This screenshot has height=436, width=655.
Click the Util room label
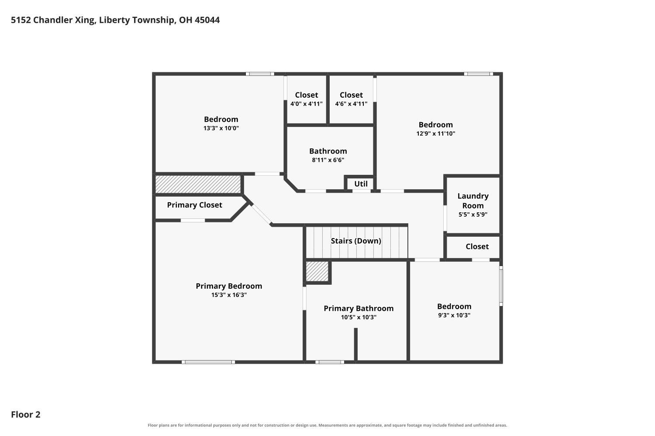point(361,184)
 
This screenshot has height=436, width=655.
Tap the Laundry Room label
point(473,201)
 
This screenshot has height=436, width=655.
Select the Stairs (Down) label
point(356,241)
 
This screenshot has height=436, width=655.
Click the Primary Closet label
point(194,205)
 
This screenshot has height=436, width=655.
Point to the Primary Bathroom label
point(359,308)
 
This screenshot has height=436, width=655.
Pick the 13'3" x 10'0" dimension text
point(221,128)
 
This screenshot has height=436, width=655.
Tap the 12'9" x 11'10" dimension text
point(436,133)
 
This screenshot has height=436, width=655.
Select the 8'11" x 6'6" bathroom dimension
point(328,160)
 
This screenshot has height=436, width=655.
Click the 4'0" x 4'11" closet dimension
point(307,104)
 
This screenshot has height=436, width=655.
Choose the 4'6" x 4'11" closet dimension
point(351,104)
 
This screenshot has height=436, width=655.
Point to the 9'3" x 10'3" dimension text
point(454,315)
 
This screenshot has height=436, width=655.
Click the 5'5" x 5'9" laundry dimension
point(473,215)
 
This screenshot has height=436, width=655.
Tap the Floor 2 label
point(26,414)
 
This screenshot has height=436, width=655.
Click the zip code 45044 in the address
point(207,20)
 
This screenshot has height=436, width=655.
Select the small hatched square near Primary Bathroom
point(317,271)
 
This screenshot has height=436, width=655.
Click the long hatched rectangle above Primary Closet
point(198,184)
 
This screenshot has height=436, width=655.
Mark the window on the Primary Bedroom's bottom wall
point(208,362)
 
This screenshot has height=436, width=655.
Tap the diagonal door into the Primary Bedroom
point(261,214)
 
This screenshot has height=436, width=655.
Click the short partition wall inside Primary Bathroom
point(356,344)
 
